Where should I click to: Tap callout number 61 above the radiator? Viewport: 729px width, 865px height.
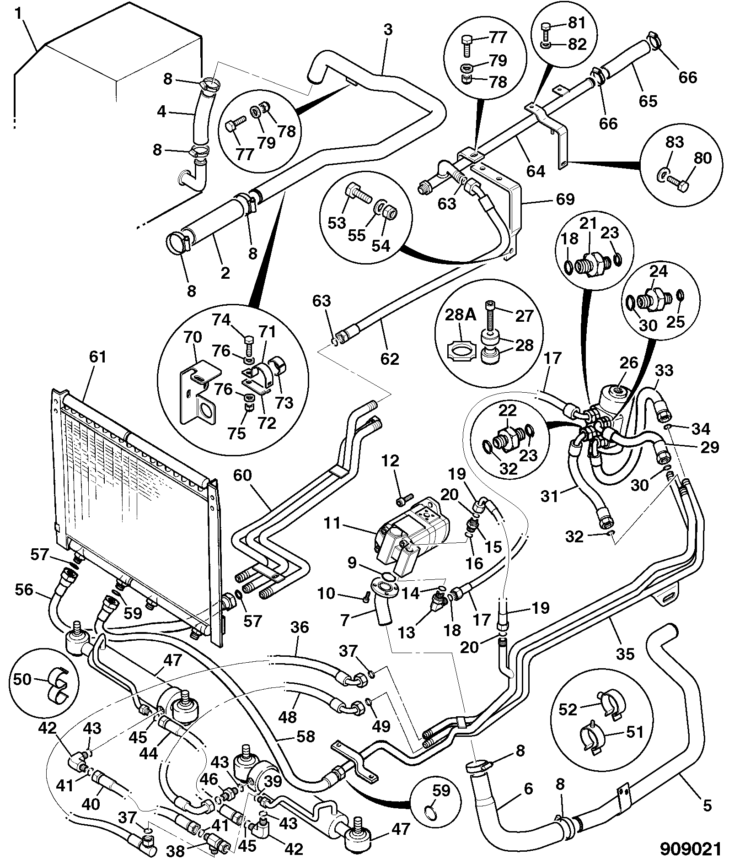pyautogui.click(x=98, y=357)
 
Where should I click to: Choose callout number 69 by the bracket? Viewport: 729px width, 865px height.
pyautogui.click(x=565, y=199)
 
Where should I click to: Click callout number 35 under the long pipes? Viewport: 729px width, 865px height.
pyautogui.click(x=625, y=654)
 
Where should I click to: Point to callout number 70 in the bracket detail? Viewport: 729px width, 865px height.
pyautogui.click(x=192, y=338)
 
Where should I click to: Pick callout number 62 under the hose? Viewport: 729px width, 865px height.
pyautogui.click(x=390, y=358)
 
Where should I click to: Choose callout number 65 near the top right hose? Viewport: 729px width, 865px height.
pyautogui.click(x=648, y=100)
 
